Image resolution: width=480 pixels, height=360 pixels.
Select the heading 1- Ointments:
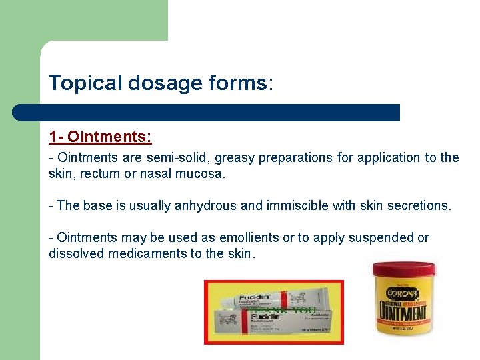pos(100,137)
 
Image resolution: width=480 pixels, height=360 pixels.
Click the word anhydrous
pos(205,206)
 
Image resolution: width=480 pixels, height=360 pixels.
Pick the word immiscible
pos(291,206)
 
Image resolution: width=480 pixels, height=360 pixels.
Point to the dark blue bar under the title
pos(207,112)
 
